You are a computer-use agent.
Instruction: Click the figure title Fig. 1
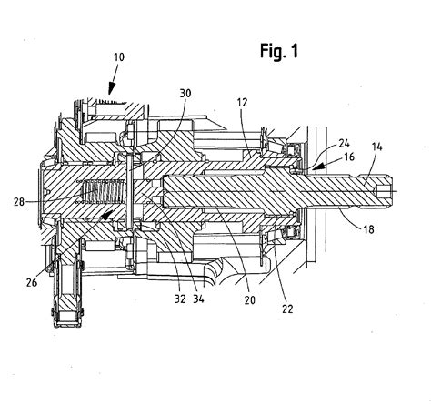(x=279, y=51)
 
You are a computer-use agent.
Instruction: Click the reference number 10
(x=119, y=57)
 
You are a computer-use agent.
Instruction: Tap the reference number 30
(x=185, y=94)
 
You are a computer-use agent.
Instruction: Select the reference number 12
(x=242, y=103)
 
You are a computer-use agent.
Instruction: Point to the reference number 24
(x=344, y=143)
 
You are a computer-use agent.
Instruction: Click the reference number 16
(x=349, y=157)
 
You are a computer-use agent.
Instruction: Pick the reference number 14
(x=377, y=147)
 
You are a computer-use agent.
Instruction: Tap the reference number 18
(x=368, y=229)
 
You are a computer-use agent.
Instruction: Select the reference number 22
(x=287, y=309)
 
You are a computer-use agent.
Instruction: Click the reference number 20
(x=250, y=300)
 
